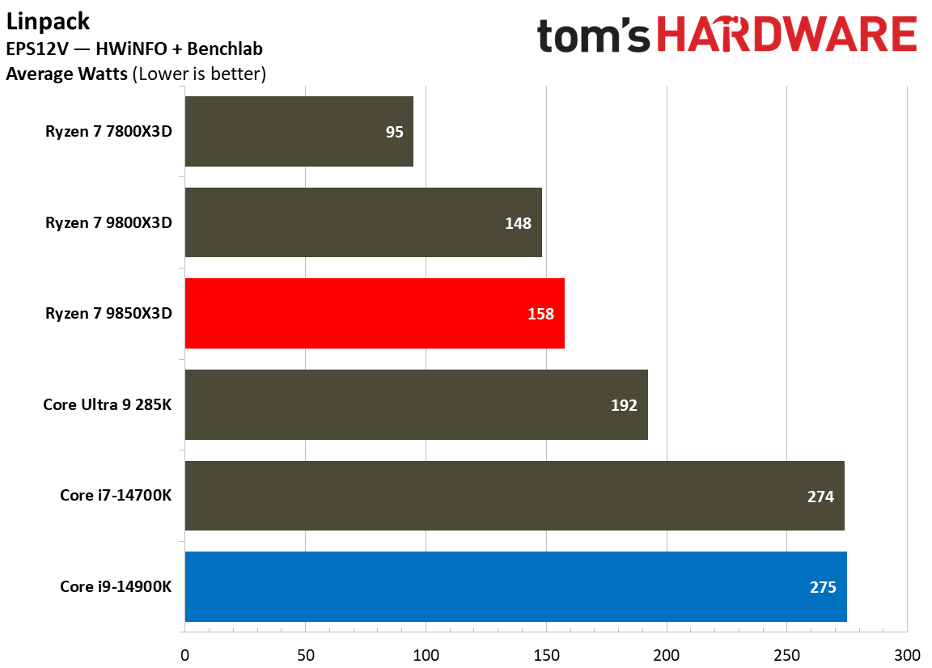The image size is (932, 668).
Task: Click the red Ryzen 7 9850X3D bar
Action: (375, 314)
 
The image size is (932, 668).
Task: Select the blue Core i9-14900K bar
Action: (515, 587)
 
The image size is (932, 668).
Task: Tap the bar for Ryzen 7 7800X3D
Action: (299, 132)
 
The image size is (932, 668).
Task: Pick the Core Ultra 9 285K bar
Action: (416, 405)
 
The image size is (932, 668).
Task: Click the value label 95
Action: (394, 132)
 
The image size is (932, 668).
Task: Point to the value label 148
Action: (518, 223)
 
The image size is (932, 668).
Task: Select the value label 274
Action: (820, 497)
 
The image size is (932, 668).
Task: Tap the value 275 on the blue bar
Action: (823, 588)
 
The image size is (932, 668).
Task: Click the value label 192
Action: (624, 405)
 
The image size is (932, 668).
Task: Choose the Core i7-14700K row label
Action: (116, 496)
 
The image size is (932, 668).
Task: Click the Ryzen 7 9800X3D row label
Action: (108, 223)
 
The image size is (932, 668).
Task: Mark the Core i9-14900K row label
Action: (116, 587)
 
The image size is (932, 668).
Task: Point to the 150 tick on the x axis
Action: (546, 653)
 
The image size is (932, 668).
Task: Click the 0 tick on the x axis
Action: (185, 653)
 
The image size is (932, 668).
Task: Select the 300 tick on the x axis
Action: (907, 653)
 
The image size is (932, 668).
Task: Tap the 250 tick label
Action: (786, 653)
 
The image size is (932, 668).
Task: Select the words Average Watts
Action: (66, 74)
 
